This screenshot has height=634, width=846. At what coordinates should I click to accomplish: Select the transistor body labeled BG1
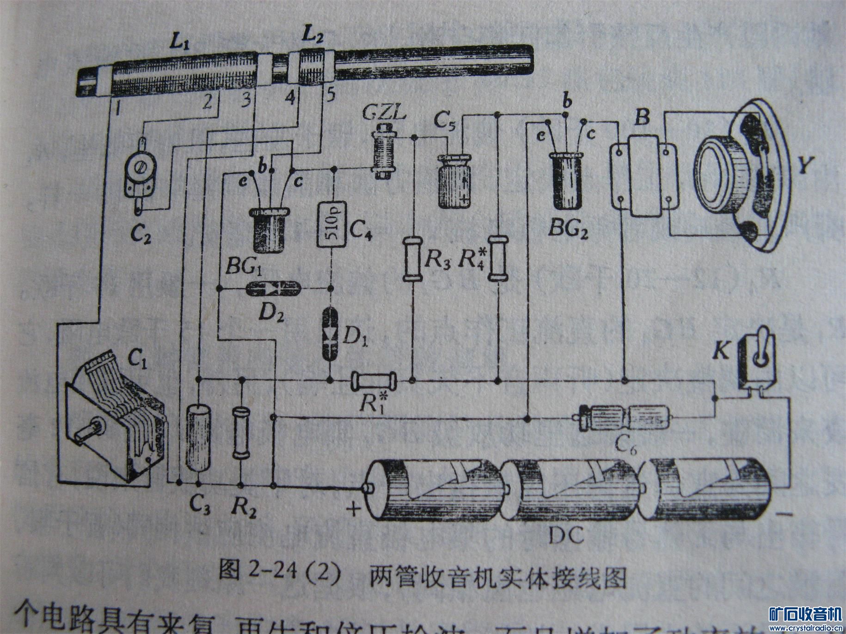click(268, 231)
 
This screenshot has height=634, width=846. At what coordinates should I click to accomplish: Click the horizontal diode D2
click(273, 289)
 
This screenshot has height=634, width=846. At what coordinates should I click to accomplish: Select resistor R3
click(411, 258)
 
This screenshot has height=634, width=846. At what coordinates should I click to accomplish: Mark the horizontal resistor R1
click(374, 381)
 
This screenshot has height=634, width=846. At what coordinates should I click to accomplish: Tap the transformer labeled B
click(644, 176)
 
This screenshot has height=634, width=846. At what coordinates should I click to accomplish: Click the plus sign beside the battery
click(354, 510)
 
